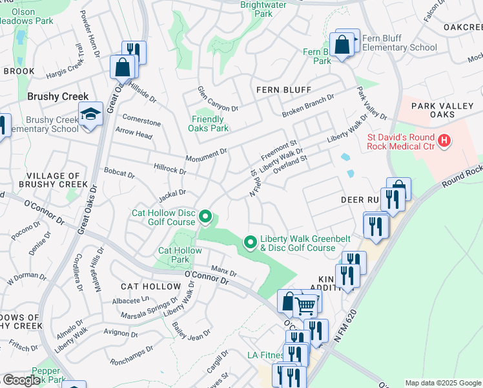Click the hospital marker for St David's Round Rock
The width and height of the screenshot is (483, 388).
pos(444,140)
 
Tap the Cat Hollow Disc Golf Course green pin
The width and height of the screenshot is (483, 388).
pos(205,217)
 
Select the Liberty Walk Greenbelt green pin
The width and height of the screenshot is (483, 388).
pos(251,242)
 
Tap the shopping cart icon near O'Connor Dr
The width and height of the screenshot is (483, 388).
pos(307,304)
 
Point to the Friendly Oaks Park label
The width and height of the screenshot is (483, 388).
pos(209,124)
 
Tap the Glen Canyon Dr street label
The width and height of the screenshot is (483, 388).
pos(218,99)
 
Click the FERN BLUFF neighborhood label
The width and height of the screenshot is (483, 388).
pos(283,90)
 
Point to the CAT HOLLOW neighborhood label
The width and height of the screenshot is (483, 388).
pos(151,286)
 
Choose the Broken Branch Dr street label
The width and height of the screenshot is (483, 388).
pos(308,107)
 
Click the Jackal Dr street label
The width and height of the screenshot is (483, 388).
pos(172,192)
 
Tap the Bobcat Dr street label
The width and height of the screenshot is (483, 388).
pos(119,175)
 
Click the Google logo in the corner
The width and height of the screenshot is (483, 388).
pos(21,380)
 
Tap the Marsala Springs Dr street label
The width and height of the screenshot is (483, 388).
pos(149,309)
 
